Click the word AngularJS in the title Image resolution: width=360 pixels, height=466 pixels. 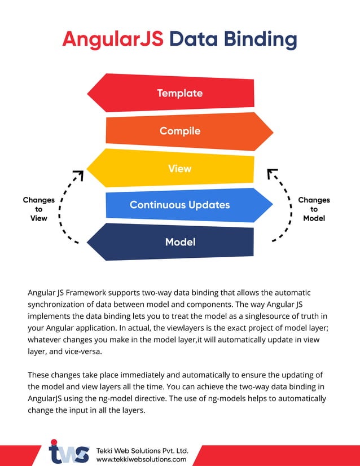click(x=113, y=39)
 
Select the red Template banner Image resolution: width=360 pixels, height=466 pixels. click(x=170, y=93)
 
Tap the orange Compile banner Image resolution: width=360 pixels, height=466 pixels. click(x=190, y=131)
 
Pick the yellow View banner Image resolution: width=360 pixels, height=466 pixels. click(x=170, y=168)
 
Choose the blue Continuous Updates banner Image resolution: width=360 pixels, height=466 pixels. click(x=190, y=205)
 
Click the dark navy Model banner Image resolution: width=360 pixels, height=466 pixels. click(x=170, y=242)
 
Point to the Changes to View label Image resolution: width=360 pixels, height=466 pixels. click(x=39, y=209)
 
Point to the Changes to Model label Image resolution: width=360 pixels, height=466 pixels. click(x=314, y=209)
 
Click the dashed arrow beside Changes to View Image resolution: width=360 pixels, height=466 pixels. click(x=60, y=208)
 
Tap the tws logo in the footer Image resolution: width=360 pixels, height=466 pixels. click(x=69, y=451)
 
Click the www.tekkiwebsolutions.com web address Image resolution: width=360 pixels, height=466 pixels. click(x=141, y=459)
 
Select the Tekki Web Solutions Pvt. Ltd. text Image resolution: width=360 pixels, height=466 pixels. click(x=142, y=451)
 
